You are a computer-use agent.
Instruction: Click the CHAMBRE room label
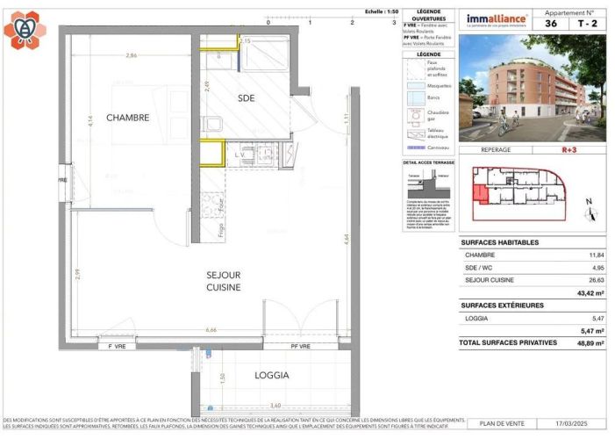pos(128,118)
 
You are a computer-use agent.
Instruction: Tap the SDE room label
pos(247,98)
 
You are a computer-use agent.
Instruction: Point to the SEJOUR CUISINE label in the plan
pos(224,281)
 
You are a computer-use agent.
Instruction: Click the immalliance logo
pos(496,18)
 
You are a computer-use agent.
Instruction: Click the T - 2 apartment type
pos(588,25)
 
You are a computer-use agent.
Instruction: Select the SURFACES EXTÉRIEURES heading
pos(502,306)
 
